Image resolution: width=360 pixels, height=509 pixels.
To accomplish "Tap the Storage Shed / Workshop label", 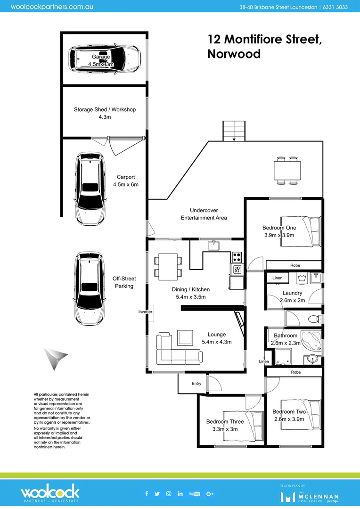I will click(105, 110).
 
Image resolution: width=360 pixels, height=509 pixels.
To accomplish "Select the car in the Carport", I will click(90, 189).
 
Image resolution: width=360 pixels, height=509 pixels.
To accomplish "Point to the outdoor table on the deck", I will click(287, 170).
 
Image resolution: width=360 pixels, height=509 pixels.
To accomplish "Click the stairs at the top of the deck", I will click(234, 130).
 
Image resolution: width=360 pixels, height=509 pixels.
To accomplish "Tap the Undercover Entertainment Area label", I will click(204, 214).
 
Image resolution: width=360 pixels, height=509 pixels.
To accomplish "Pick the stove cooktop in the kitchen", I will click(237, 257).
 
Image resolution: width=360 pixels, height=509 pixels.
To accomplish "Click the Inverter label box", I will click(146, 312).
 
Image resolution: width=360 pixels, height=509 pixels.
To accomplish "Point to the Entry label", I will click(196, 384).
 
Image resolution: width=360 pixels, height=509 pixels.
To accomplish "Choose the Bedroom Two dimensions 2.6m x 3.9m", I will click(289, 419).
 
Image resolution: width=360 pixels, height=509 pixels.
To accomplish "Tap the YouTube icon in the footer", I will click(194, 493).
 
